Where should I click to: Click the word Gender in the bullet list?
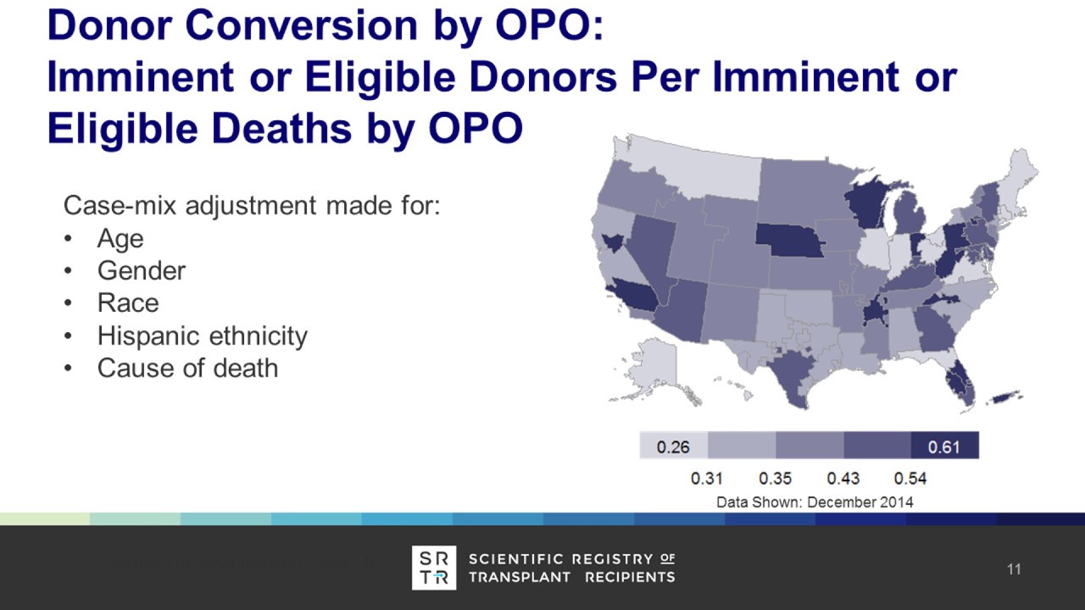pos(141,271)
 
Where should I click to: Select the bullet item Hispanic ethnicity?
pos(202,336)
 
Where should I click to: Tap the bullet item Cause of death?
pos(187,369)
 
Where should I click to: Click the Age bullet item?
pos(120,239)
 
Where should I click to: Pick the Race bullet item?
pos(128,303)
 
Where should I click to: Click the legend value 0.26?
pos(673,446)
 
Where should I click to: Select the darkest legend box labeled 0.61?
pos(944,446)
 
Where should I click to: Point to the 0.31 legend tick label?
pos(707,479)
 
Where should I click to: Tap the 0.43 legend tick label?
pos(843,479)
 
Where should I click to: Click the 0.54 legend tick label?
pos(910,479)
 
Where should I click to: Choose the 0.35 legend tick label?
pos(775,479)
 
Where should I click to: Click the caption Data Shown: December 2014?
pos(815,502)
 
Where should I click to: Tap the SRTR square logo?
pos(434,568)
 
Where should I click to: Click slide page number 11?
pos(1014,569)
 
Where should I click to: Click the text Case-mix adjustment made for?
pos(252,206)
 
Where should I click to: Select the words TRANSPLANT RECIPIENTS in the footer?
pos(572,577)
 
